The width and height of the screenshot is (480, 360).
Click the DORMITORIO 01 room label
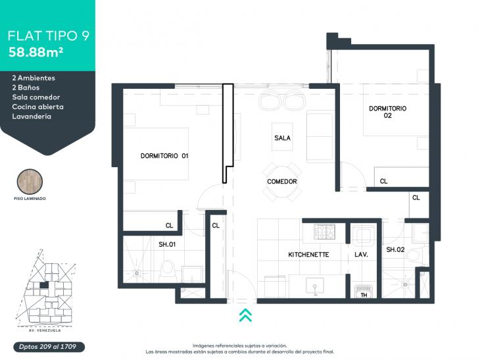164,155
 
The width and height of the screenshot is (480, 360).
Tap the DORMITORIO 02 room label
387,112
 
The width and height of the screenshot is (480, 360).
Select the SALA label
282,138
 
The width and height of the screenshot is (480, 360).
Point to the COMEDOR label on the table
282,182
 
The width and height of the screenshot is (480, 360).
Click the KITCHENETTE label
308,255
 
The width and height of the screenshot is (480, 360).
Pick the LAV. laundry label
361,255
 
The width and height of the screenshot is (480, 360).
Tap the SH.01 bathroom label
167,244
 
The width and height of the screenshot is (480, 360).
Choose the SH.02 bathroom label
395,249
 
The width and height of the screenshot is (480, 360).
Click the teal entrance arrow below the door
245,315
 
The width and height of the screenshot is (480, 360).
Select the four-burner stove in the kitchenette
324,232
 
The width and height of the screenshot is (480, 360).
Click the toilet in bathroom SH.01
168,269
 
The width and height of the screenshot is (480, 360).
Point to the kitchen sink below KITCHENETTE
315,287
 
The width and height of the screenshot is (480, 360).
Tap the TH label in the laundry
364,295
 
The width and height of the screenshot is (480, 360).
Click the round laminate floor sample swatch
30,182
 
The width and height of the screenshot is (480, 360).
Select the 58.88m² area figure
36,52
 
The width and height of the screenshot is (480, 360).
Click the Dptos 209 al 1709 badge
49,347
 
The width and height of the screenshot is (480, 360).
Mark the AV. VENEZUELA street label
45,330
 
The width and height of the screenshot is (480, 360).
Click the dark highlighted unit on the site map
44,285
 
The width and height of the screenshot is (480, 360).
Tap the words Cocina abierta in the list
38,107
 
